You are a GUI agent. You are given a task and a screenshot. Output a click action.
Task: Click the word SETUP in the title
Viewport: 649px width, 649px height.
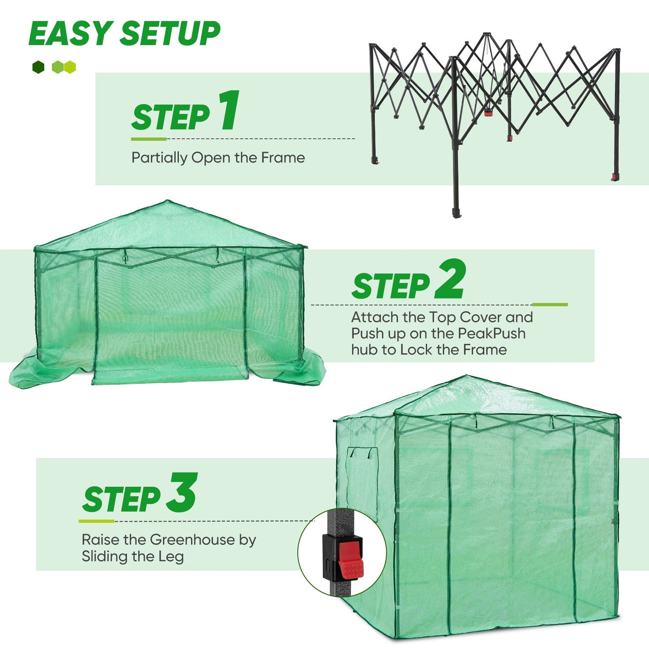169,34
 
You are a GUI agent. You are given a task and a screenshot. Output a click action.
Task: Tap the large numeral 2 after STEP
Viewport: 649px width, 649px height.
450,279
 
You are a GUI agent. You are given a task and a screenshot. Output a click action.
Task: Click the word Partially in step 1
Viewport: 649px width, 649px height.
159,158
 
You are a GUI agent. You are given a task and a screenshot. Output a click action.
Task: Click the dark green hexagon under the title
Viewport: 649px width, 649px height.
38,67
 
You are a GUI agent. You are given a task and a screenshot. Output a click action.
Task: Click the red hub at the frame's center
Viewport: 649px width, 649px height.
488,113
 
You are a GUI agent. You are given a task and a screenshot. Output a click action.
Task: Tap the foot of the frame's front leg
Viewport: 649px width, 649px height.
456,213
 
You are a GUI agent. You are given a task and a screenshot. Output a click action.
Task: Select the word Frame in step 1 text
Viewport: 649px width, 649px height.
283,158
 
